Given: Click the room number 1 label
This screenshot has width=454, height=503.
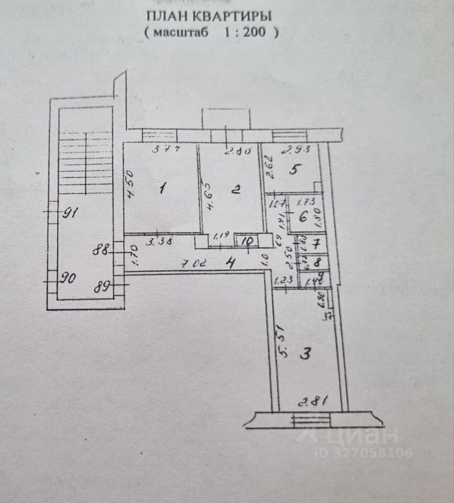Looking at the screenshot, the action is tap(162, 188).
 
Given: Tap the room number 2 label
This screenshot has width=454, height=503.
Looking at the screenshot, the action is tap(236, 190).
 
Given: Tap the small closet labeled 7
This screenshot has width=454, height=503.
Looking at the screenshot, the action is tap(316, 244).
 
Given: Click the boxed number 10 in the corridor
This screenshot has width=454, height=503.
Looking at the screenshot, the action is tap(248, 242).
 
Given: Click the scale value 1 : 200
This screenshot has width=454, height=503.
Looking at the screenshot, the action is tap(245, 32).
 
